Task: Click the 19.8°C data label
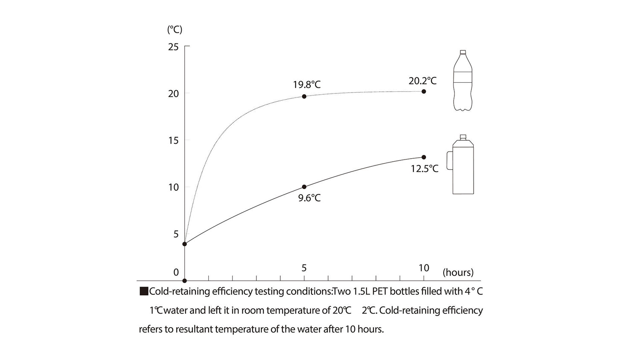[x=306, y=84]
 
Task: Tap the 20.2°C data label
[x=422, y=81]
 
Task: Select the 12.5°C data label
[x=425, y=168]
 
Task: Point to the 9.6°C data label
[x=309, y=198]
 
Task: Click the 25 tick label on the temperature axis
[x=173, y=46]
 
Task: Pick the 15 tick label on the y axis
[x=173, y=140]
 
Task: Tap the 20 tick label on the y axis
[x=173, y=93]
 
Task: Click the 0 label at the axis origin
[x=176, y=273]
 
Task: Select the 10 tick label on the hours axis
[x=424, y=268]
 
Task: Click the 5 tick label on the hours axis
[x=304, y=268]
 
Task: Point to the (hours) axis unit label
[x=458, y=273]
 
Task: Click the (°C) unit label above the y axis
[x=175, y=29]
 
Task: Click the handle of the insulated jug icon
[x=449, y=160]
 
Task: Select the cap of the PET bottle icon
[x=463, y=52]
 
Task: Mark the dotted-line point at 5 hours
[x=304, y=96]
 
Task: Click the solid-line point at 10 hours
[x=424, y=157]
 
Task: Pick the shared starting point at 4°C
[x=184, y=244]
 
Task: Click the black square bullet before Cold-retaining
[x=144, y=292]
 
